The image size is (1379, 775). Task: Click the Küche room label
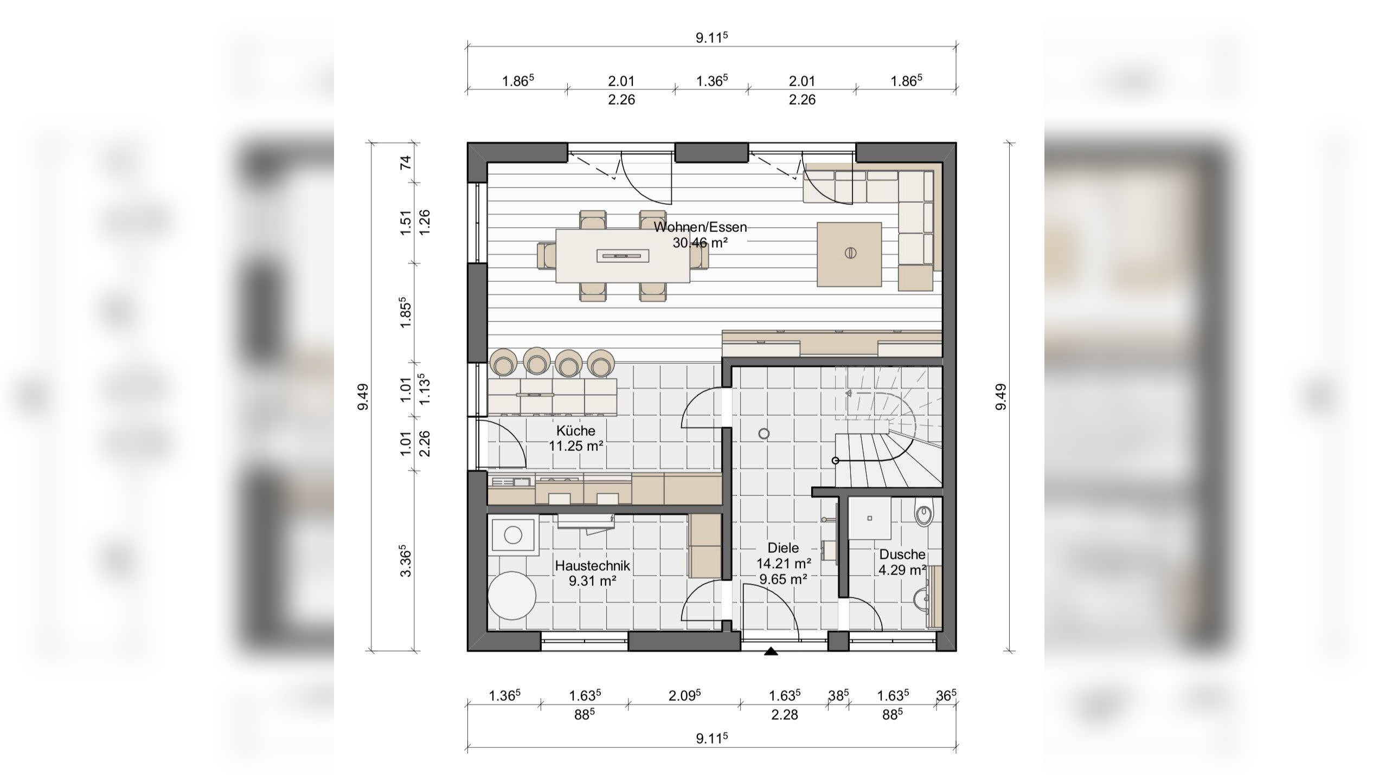pos(575,431)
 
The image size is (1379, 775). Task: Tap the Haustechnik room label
pos(592,566)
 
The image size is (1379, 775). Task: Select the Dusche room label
pos(902,554)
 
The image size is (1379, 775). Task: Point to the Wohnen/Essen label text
pos(700,227)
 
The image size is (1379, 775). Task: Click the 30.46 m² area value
pos(700,243)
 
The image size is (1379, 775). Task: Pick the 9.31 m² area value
pos(592,582)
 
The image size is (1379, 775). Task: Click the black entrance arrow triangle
pos(771,651)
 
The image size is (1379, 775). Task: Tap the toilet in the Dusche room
pos(923,514)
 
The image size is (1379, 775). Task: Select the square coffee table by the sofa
pos(849,254)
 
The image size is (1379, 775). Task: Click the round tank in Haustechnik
pos(512,595)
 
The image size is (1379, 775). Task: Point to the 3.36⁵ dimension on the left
pos(406,561)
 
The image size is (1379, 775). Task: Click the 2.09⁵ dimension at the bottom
pos(684,695)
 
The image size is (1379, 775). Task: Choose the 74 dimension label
pos(406,163)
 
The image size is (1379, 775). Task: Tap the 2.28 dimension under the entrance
pos(784,715)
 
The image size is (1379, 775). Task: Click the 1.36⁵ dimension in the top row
pos(711,81)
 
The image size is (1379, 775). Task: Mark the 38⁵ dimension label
pos(838,695)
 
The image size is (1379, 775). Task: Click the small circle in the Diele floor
pos(764,434)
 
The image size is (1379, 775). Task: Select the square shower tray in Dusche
pos(869,518)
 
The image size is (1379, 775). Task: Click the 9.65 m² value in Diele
pos(784,579)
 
